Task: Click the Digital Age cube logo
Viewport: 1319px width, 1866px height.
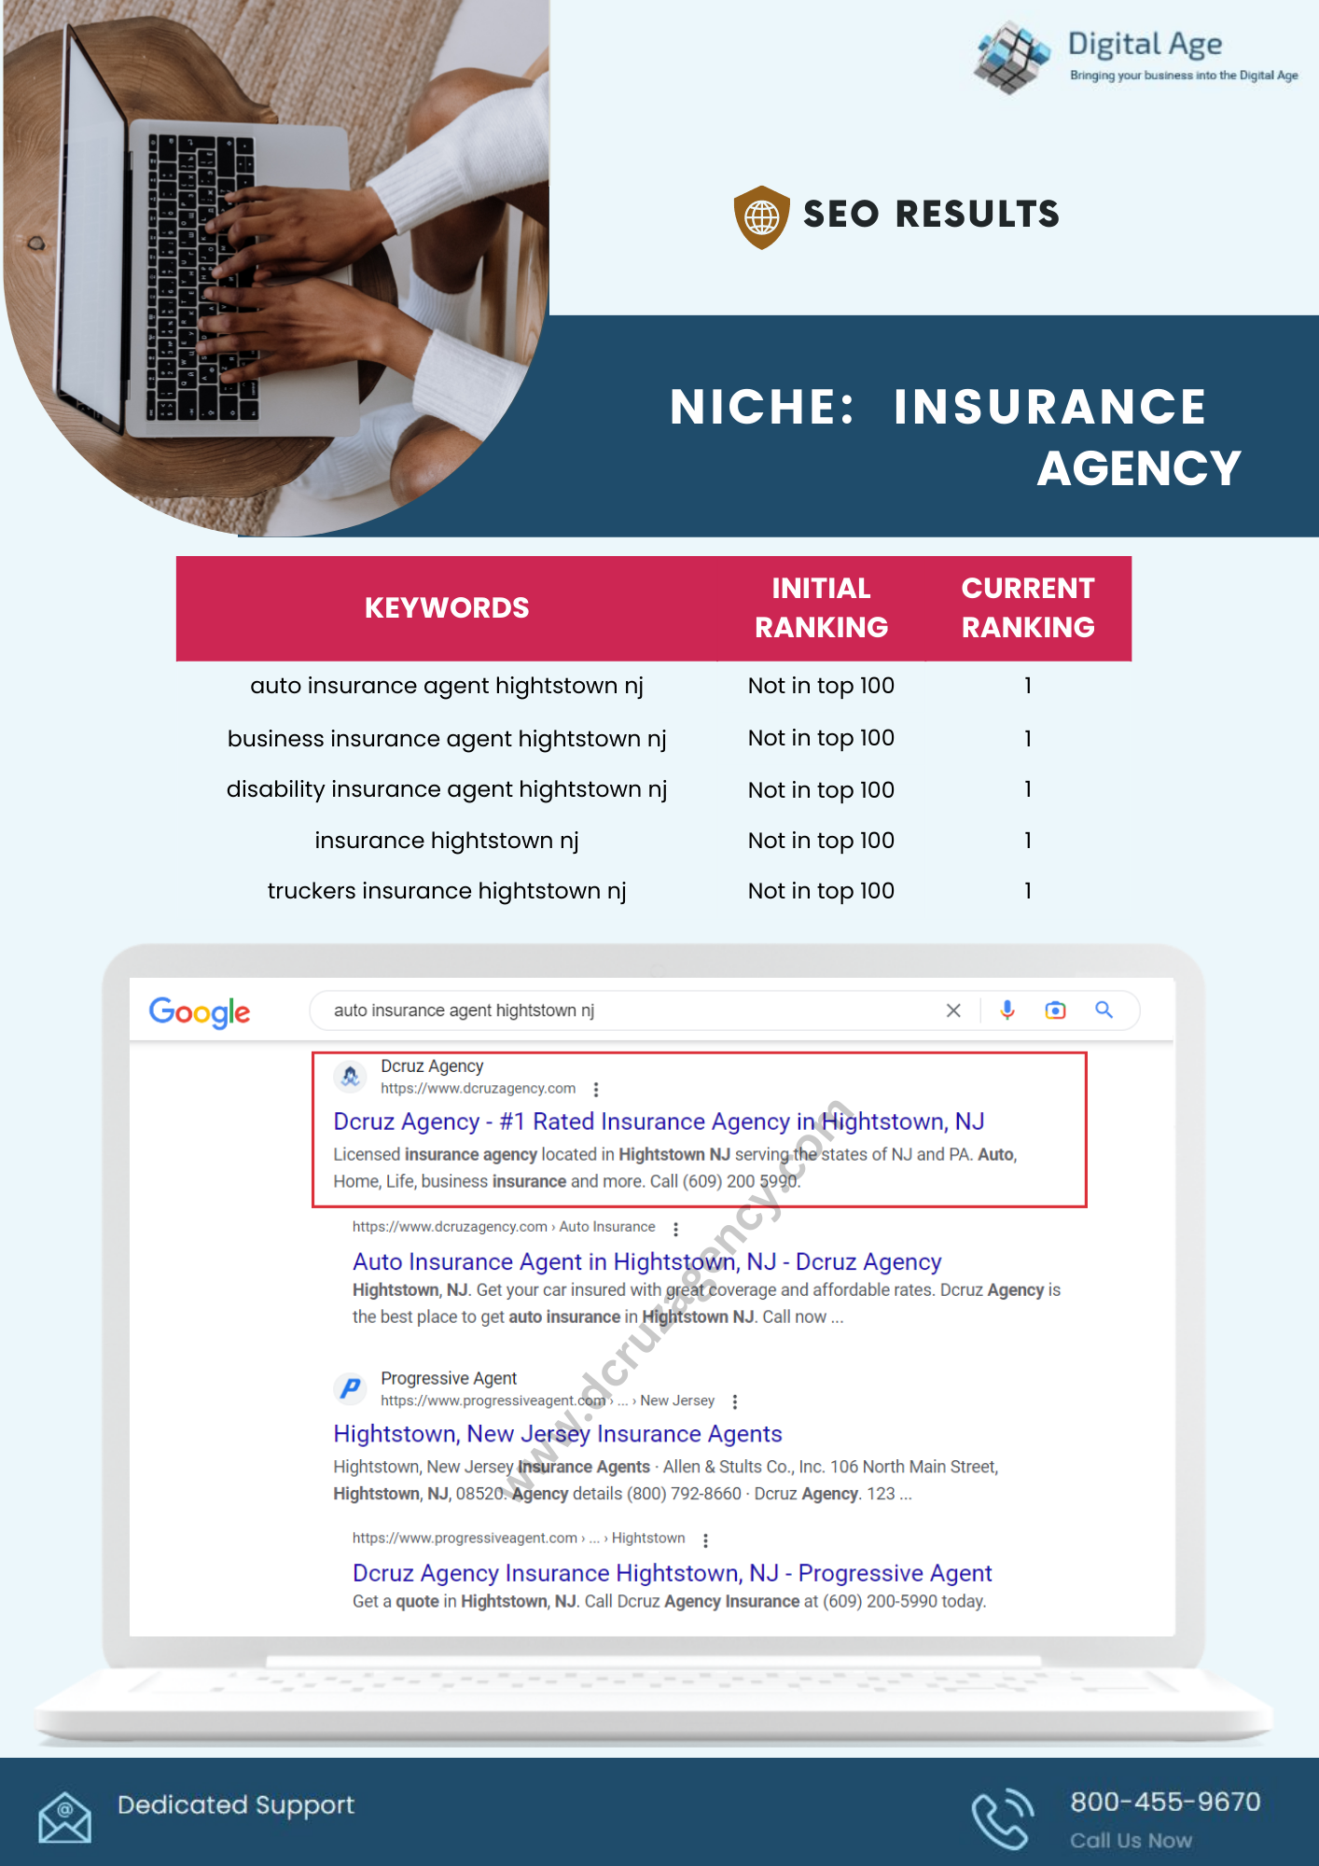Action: [1010, 57]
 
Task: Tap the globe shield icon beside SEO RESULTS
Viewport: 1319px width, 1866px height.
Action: [761, 216]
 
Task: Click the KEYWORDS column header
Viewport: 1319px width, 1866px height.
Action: [447, 608]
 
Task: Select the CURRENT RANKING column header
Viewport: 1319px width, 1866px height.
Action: [1027, 608]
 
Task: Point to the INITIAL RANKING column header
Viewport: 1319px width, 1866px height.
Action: [821, 608]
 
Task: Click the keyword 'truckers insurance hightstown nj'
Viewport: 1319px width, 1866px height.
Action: [447, 891]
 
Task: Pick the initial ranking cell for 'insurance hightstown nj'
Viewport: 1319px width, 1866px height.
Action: [821, 841]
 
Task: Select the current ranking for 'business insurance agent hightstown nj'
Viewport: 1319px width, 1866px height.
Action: [1027, 739]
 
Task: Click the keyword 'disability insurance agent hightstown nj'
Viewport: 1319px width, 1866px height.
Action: [447, 789]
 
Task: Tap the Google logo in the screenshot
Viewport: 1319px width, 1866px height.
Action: [200, 1012]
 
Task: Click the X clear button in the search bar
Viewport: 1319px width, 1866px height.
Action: [953, 1010]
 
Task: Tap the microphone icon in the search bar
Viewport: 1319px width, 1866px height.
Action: [1007, 1010]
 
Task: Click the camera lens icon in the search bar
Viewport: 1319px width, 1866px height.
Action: [1055, 1010]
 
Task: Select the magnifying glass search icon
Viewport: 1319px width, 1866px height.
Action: [1104, 1010]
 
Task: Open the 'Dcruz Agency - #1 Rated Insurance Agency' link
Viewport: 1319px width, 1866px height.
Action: [659, 1121]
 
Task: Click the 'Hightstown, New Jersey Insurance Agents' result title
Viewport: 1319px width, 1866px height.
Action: [558, 1434]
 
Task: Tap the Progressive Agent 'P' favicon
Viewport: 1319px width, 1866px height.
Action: [351, 1388]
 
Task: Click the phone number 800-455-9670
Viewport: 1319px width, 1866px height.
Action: [1165, 1802]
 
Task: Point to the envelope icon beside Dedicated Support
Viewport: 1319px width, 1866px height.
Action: [64, 1817]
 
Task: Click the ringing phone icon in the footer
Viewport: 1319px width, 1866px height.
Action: [1002, 1818]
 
